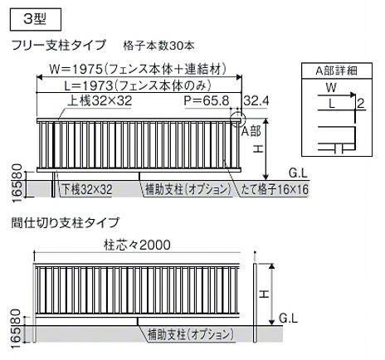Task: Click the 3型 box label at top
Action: pos(35,19)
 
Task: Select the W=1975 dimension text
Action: pos(76,69)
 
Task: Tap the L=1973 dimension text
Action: pos(88,86)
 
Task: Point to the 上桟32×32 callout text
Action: pos(100,101)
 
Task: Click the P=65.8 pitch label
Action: pos(207,101)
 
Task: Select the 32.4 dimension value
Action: pos(256,101)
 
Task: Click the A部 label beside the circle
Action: pos(251,131)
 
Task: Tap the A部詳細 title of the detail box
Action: pos(337,71)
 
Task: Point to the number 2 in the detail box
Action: pos(361,104)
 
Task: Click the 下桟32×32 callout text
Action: pos(86,189)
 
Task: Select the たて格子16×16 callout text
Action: pos(275,189)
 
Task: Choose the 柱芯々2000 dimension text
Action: pos(138,245)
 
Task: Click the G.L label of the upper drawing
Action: pos(298,173)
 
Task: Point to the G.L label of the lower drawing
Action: pos(288,319)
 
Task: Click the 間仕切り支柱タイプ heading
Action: pos(66,223)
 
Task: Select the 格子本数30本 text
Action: pos(159,46)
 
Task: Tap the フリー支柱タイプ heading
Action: pos(59,45)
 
